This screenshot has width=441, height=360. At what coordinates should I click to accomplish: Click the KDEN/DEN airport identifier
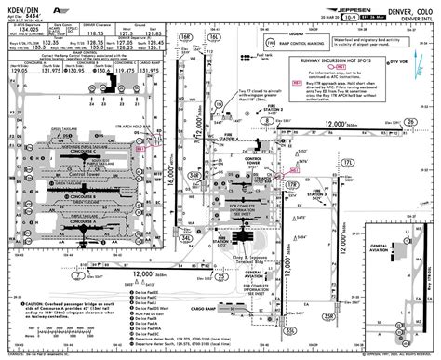click(20, 7)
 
